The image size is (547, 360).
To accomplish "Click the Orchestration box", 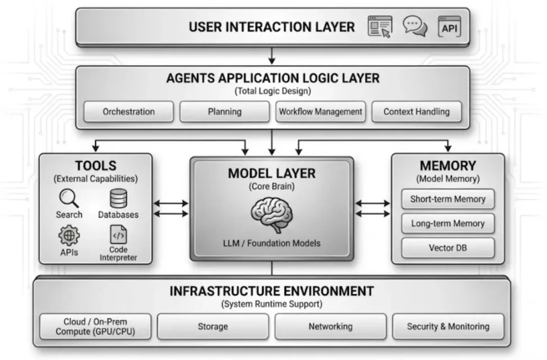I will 128,111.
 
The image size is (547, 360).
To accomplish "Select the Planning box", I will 225,111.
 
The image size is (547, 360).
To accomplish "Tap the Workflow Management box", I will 320,111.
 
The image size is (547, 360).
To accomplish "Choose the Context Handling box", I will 416,111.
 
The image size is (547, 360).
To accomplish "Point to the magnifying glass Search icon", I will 69,198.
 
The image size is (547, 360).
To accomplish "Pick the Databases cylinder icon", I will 118,199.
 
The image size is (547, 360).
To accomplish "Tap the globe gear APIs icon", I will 69,235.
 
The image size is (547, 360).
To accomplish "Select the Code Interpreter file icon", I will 118,234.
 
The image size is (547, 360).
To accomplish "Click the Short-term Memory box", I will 447,199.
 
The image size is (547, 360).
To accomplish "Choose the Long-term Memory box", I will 447,223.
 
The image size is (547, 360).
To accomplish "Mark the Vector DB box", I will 447,247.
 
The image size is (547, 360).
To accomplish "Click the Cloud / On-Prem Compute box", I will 96,326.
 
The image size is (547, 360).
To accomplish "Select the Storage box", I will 213,326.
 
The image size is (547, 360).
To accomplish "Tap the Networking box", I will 330,326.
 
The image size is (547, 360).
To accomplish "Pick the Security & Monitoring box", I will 448,326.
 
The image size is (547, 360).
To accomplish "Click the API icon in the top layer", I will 449,26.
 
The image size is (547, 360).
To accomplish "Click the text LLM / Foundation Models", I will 272,243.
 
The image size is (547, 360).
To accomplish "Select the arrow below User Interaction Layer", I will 272,55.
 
